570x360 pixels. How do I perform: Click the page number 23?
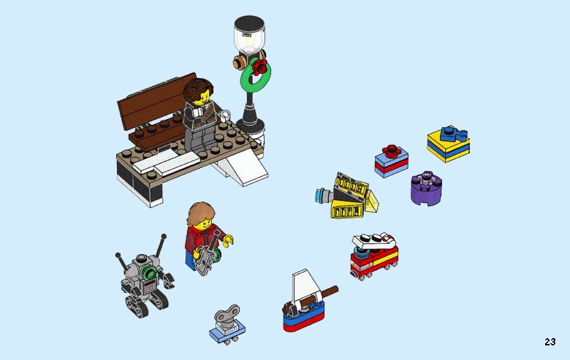[550, 342]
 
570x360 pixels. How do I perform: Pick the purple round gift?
[425, 189]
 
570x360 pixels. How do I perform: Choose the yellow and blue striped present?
[448, 145]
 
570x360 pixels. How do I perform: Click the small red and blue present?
[392, 161]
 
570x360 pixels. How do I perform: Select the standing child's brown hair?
[200, 215]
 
